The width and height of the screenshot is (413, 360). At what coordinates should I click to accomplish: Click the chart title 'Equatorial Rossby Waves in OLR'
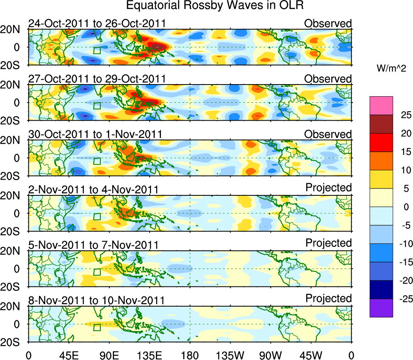click(215, 6)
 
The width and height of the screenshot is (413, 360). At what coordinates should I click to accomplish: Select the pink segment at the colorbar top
click(381, 106)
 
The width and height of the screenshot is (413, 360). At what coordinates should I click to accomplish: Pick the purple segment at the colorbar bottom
click(381, 307)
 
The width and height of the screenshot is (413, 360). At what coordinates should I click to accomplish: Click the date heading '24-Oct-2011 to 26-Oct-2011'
click(97, 23)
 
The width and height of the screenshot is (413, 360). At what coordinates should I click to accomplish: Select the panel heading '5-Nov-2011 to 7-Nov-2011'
click(93, 245)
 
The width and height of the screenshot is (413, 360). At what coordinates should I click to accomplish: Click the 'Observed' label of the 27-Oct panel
click(328, 78)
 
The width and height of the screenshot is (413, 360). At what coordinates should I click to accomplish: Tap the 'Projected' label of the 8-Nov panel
click(328, 299)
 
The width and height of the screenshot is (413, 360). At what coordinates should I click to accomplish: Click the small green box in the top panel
click(96, 50)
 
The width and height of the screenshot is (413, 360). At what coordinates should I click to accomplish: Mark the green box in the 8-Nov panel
click(96, 327)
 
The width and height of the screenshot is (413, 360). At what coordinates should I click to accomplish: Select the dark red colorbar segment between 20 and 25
click(381, 124)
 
